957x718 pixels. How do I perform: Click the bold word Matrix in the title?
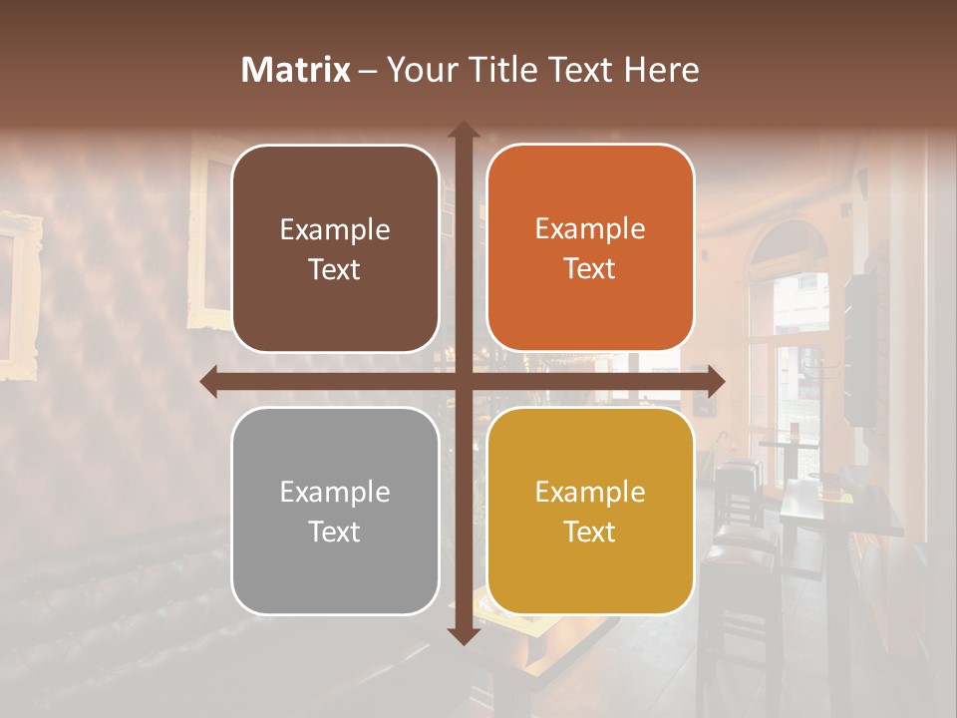pyautogui.click(x=296, y=70)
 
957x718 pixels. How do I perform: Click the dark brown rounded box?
pyautogui.click(x=335, y=248)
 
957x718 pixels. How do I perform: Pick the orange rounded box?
pyautogui.click(x=590, y=248)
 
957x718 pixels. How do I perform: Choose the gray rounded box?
pyautogui.click(x=335, y=511)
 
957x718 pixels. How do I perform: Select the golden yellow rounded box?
pyautogui.click(x=590, y=511)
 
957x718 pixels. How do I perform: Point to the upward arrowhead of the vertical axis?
pyautogui.click(x=463, y=130)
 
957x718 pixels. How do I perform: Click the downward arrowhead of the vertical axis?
pyautogui.click(x=463, y=635)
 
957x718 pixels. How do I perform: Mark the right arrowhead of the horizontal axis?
pyautogui.click(x=715, y=381)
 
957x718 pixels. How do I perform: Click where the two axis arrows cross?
pyautogui.click(x=463, y=381)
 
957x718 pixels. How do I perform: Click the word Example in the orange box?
pyautogui.click(x=590, y=228)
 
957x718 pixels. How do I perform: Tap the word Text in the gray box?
pyautogui.click(x=335, y=532)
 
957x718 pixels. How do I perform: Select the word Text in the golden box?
pyautogui.click(x=590, y=532)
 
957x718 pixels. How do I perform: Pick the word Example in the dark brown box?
pyautogui.click(x=335, y=229)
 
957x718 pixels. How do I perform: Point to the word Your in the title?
pyautogui.click(x=418, y=70)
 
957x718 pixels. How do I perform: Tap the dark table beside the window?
pyautogui.click(x=827, y=509)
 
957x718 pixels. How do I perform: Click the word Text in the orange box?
pyautogui.click(x=590, y=268)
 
